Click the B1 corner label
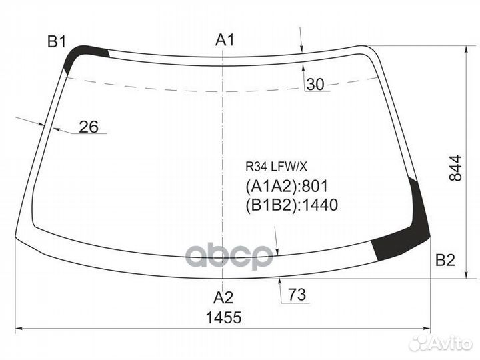56,42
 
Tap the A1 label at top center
225,41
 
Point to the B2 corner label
445,261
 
